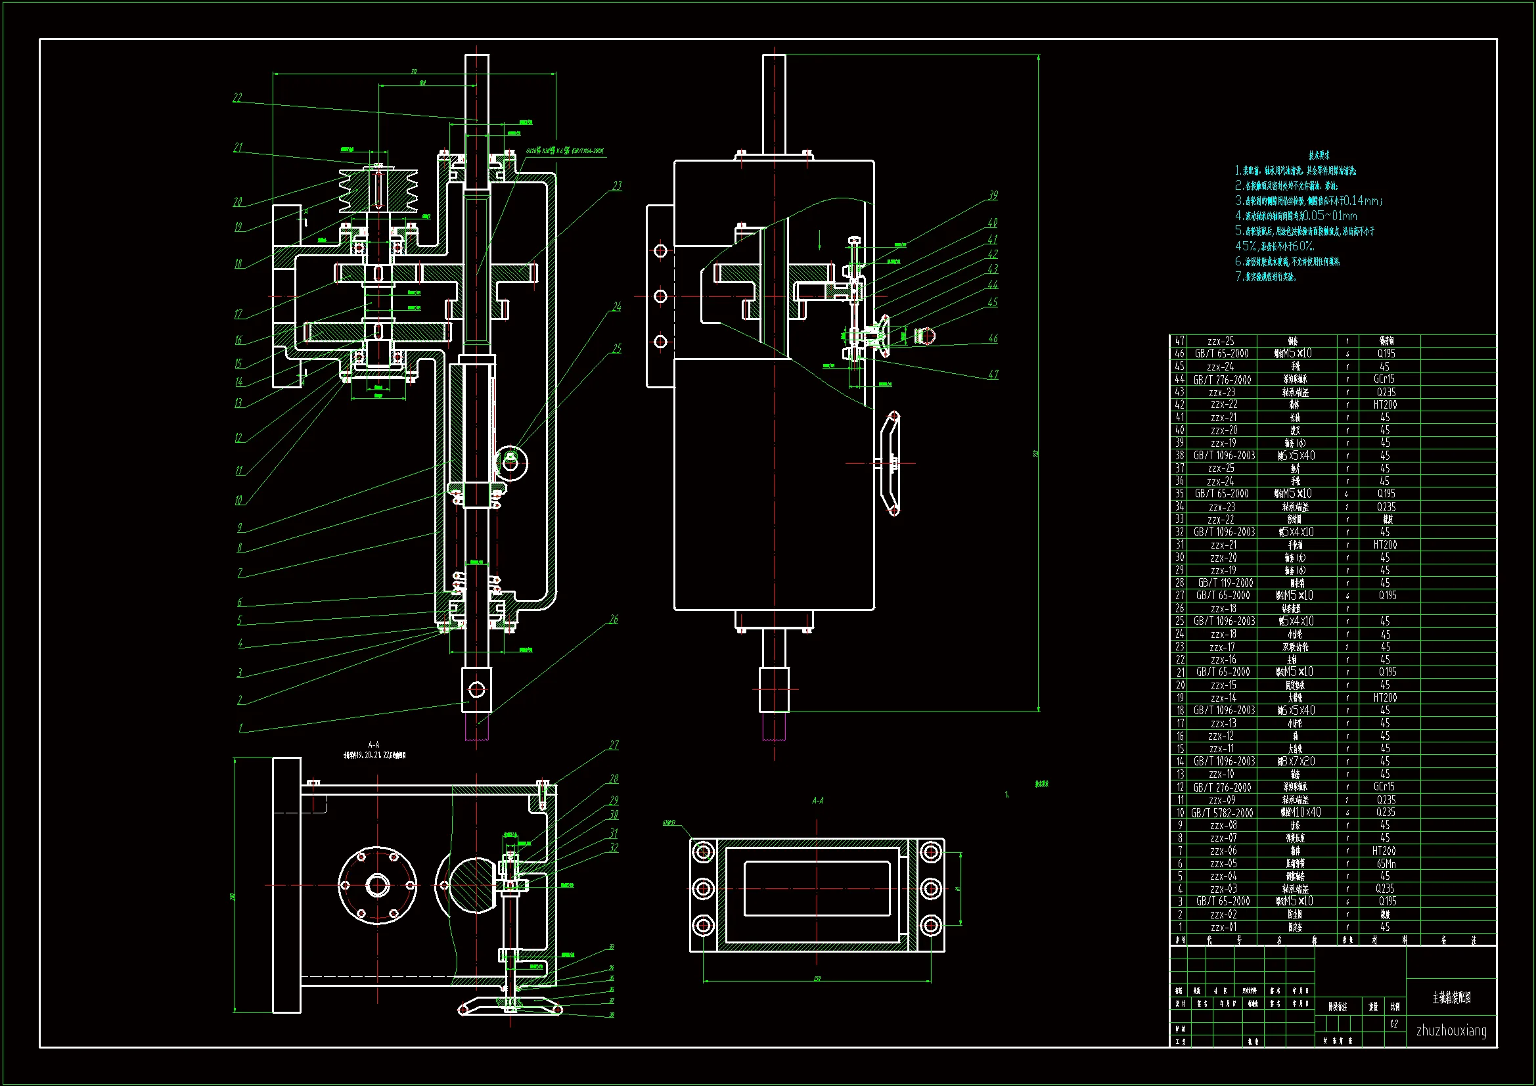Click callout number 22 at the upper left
click(237, 98)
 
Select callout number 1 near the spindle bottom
click(241, 728)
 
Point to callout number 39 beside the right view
click(993, 195)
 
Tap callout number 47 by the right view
click(993, 374)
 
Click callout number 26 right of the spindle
click(614, 620)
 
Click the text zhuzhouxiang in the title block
click(1451, 1030)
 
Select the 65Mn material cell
click(1386, 864)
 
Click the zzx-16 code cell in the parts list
click(1223, 660)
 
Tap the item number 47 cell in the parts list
click(1179, 341)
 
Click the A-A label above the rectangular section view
click(817, 800)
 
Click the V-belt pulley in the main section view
click(378, 190)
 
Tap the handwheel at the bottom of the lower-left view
click(510, 1007)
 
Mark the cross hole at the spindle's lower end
click(477, 689)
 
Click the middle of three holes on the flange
click(660, 296)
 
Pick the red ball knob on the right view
click(924, 334)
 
